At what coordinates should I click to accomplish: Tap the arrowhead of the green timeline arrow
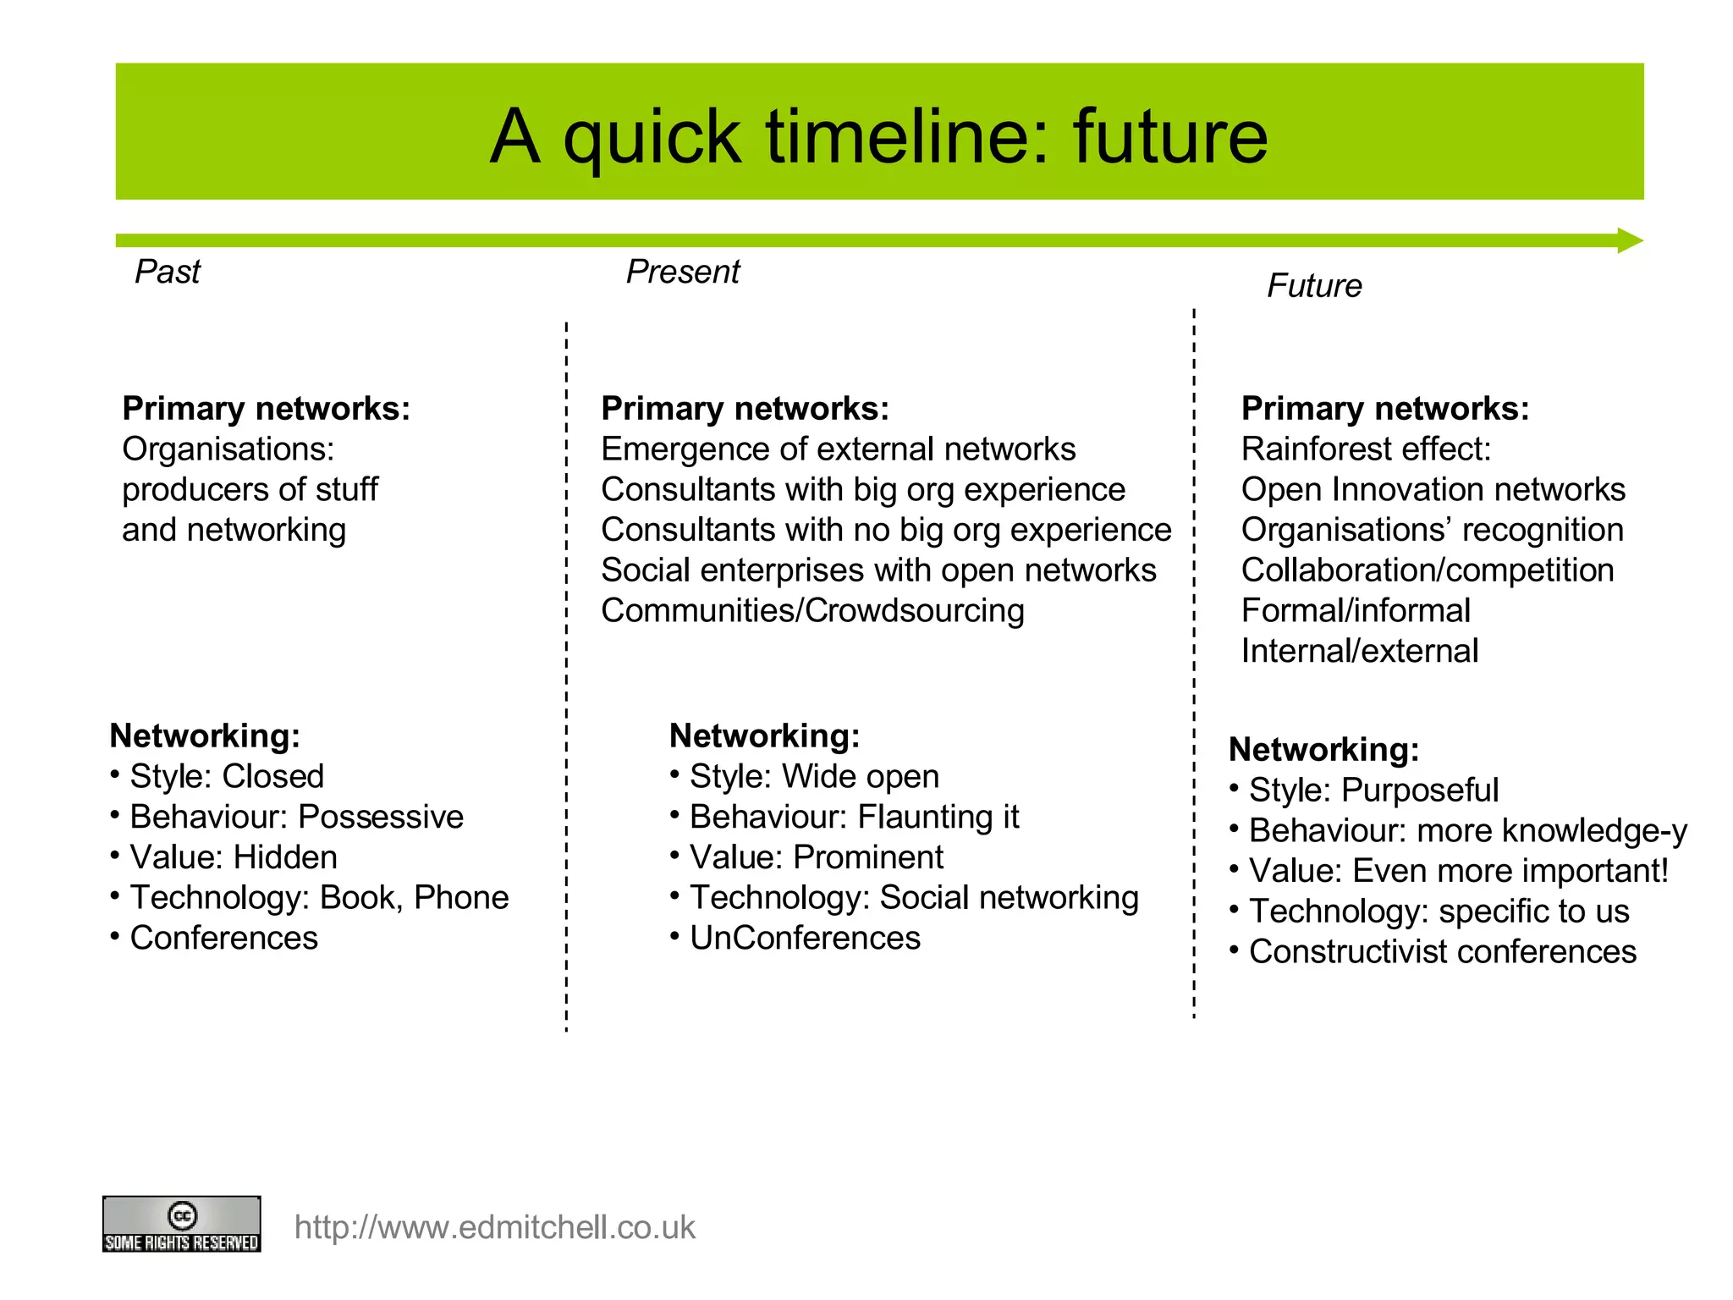[x=1629, y=240]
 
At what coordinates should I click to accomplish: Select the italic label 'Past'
[x=168, y=272]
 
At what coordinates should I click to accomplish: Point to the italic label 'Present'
[x=682, y=272]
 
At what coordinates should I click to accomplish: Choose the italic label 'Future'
[x=1313, y=286]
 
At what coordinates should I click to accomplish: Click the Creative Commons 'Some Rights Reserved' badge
[x=181, y=1224]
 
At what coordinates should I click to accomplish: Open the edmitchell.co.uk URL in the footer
[x=494, y=1227]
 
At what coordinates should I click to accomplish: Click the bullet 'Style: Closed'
[x=226, y=776]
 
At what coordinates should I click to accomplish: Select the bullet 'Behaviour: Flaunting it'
[x=853, y=817]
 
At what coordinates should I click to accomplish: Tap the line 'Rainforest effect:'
[x=1365, y=449]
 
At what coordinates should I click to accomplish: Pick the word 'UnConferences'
[x=804, y=938]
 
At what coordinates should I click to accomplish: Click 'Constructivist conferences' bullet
[x=1441, y=951]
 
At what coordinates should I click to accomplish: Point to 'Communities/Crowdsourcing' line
[x=812, y=611]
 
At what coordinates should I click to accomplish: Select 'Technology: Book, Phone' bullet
[x=318, y=897]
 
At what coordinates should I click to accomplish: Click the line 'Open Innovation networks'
[x=1433, y=490]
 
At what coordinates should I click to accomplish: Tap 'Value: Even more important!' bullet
[x=1457, y=871]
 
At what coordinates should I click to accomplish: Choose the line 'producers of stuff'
[x=250, y=490]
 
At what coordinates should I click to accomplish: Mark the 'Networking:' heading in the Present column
[x=764, y=735]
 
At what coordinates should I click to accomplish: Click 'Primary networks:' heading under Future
[x=1384, y=409]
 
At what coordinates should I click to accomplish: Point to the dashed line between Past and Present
[x=566, y=677]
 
